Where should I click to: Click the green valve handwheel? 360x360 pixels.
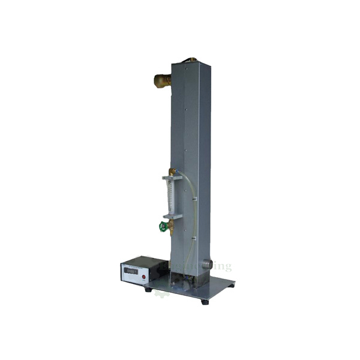pyautogui.click(x=163, y=227)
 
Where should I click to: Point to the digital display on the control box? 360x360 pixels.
pyautogui.click(x=130, y=271)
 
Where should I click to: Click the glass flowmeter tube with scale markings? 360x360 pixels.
pyautogui.click(x=169, y=196)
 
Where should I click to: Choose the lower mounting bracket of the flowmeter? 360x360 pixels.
pyautogui.click(x=172, y=215)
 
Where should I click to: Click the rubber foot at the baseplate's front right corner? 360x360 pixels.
pyautogui.click(x=205, y=302)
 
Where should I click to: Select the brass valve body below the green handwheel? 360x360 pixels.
pyautogui.click(x=170, y=227)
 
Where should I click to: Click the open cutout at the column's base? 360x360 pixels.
pyautogui.click(x=180, y=278)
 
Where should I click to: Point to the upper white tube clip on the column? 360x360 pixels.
pyautogui.click(x=195, y=196)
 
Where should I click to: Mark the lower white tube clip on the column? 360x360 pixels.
pyautogui.click(x=193, y=239)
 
